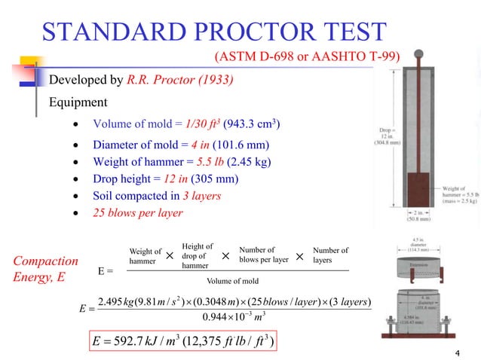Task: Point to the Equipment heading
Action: [x=78, y=102]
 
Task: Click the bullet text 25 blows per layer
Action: [x=139, y=213]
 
